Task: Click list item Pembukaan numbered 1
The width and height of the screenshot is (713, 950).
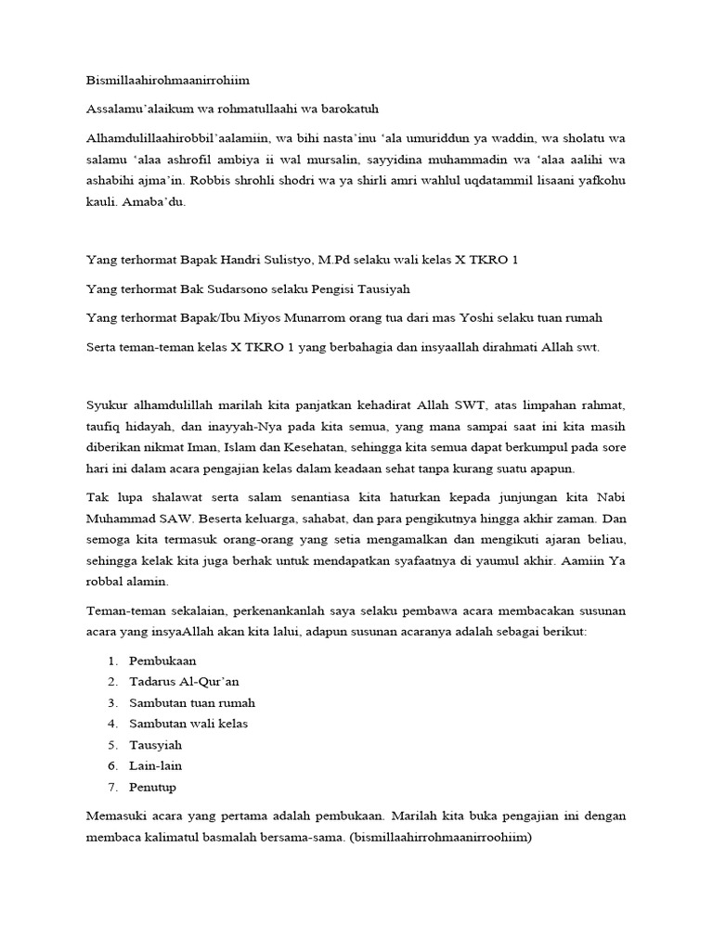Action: point(162,661)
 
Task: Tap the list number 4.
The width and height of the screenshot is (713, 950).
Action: point(110,724)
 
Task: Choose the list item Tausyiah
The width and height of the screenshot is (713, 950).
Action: point(156,745)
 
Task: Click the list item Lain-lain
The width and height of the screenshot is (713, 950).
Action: point(156,765)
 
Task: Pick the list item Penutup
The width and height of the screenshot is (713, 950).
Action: point(153,787)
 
